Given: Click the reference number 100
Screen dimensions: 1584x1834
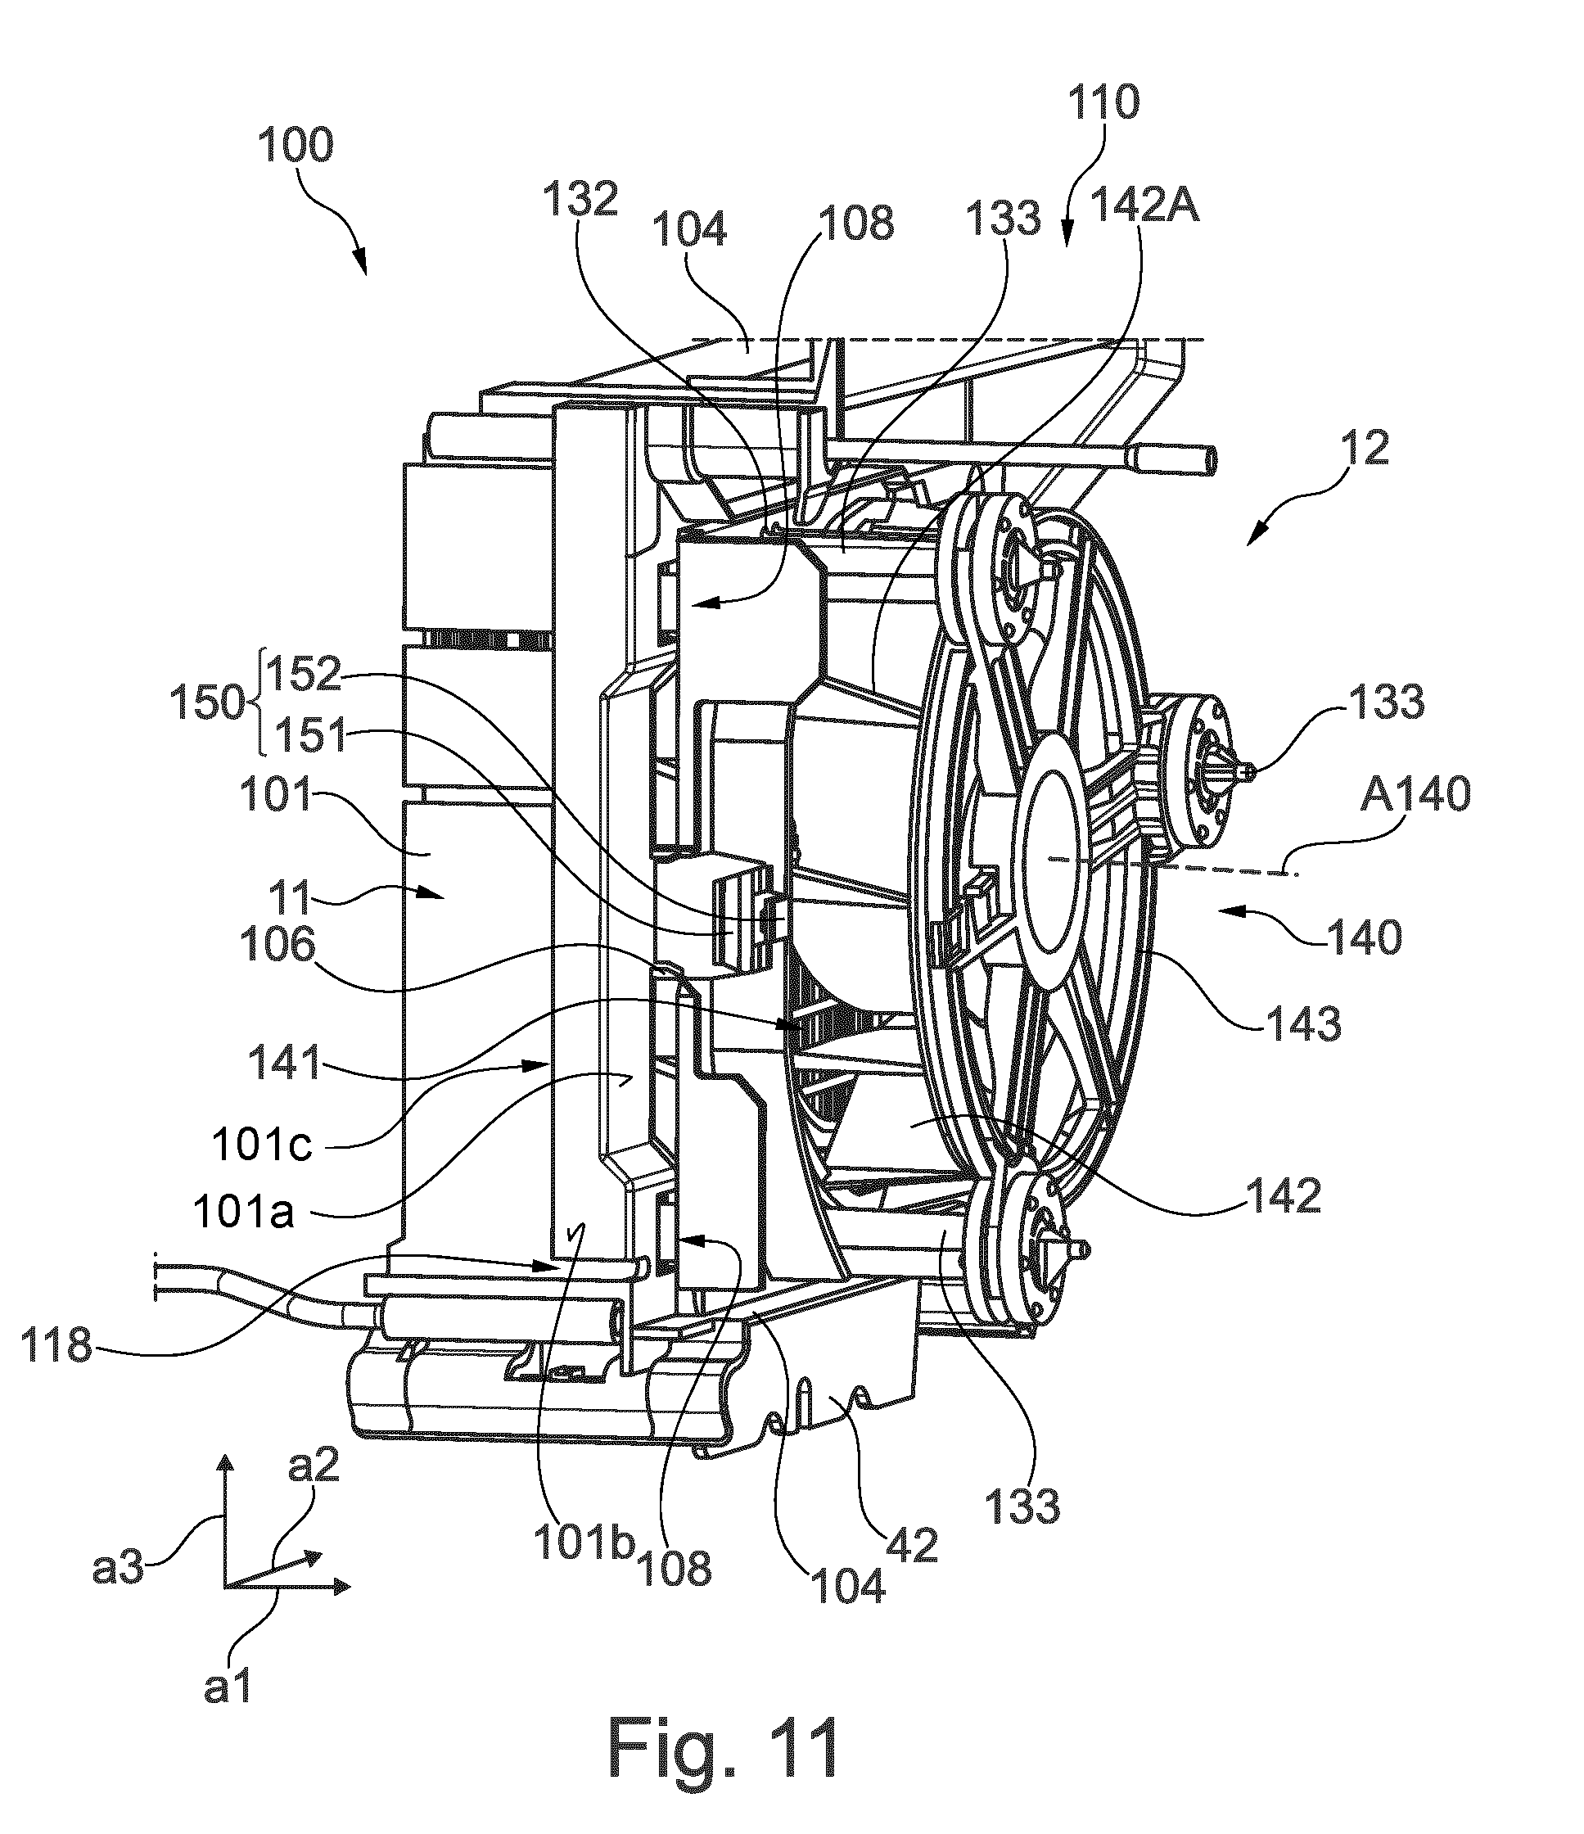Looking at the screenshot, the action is [296, 146].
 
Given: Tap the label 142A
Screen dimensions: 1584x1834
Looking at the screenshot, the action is [1144, 207].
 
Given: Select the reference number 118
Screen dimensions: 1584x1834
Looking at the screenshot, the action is [57, 1346].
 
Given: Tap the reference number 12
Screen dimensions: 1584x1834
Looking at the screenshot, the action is [1365, 449].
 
